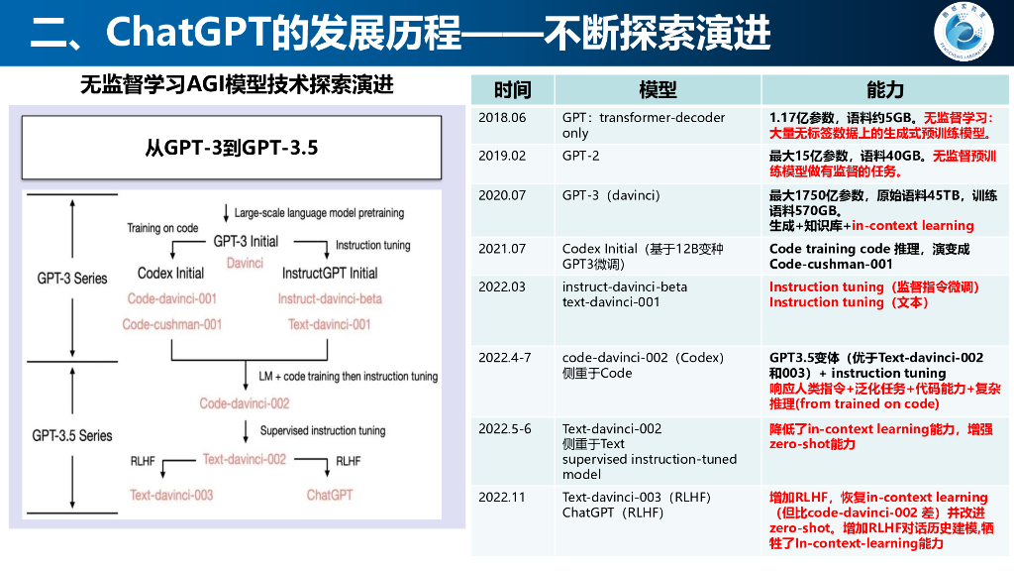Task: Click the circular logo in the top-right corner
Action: [968, 33]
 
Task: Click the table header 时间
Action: [513, 90]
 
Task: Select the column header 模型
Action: [659, 90]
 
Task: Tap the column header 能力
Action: [885, 90]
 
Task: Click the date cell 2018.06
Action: [502, 118]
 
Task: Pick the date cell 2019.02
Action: [502, 157]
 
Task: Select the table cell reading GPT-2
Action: [581, 157]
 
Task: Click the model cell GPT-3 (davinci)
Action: [611, 195]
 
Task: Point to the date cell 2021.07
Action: [502, 249]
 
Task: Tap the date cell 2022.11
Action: [502, 498]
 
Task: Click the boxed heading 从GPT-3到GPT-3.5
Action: [232, 149]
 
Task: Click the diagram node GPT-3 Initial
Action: [246, 241]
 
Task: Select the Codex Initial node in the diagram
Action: [170, 273]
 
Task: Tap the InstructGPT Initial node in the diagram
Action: [330, 273]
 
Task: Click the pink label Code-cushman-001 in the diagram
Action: [172, 324]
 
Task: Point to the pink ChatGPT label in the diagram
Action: [330, 494]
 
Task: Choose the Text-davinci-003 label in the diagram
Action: [171, 494]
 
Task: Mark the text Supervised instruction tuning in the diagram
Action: [323, 431]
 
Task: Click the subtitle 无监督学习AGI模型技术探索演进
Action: [237, 85]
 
